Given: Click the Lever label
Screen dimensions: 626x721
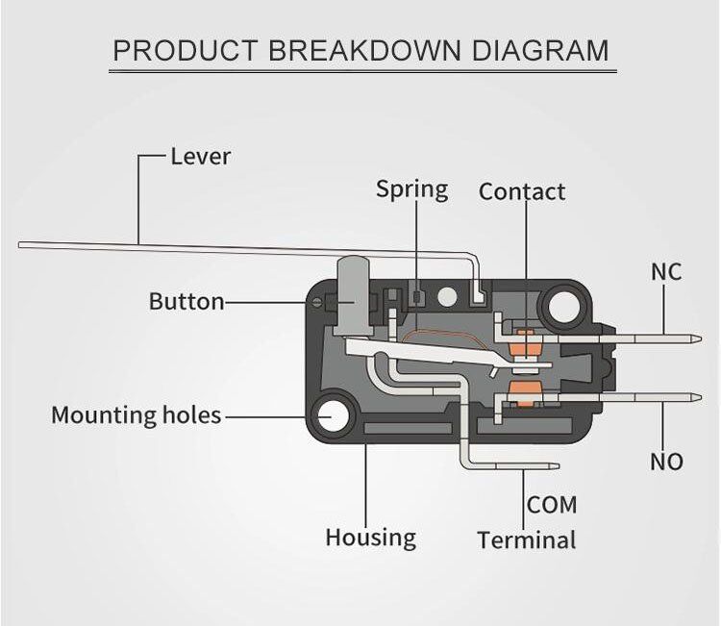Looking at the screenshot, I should [x=200, y=156].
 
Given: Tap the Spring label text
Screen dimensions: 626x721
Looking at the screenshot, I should [x=411, y=189].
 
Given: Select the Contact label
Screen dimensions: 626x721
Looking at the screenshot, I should [x=522, y=192].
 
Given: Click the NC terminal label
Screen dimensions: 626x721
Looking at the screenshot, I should [x=666, y=272].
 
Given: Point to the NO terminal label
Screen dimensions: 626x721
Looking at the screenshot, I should [x=666, y=462].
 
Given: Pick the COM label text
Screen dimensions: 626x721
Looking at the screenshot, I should [x=552, y=504].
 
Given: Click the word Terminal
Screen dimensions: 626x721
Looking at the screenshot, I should [x=527, y=540].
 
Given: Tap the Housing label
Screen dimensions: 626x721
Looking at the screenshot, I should [x=370, y=537].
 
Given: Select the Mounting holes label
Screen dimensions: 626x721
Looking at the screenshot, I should [x=136, y=415].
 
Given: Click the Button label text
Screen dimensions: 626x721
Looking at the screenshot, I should [x=186, y=302].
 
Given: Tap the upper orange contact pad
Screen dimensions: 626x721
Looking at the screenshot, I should [x=525, y=340].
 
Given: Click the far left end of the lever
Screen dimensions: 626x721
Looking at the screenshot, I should [x=22, y=245].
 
